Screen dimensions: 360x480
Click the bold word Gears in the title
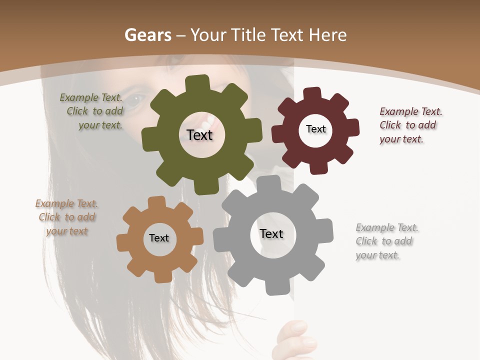[147, 35]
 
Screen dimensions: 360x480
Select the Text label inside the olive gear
[199, 135]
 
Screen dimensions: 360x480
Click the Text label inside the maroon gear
[315, 129]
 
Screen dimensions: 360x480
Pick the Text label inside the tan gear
[159, 238]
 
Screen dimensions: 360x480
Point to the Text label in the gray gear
[271, 233]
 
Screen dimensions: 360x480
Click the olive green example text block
[92, 111]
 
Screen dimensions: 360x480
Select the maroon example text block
[410, 125]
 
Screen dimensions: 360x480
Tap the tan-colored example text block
[66, 217]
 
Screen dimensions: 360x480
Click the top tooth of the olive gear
[197, 83]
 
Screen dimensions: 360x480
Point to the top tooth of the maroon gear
[312, 94]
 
